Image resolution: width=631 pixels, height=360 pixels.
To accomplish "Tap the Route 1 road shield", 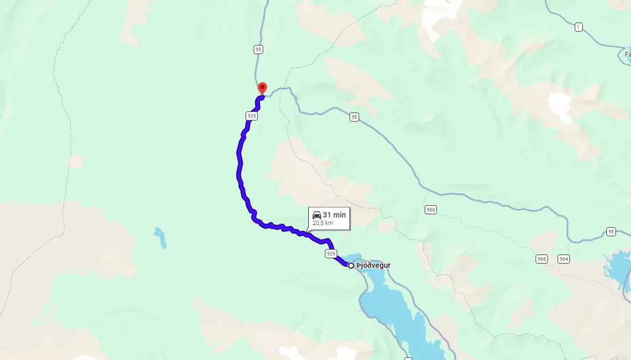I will [578, 27].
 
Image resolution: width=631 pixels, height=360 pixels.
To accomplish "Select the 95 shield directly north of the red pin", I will [258, 49].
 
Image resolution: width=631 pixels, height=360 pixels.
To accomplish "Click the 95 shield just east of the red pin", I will [354, 117].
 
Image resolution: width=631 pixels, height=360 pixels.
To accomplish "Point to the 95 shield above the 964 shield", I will [611, 231].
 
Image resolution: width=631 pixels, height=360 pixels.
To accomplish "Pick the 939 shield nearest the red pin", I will [251, 116].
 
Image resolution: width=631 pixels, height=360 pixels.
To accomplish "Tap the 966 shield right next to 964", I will [541, 259].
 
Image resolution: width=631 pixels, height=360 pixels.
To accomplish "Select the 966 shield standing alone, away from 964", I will [430, 209].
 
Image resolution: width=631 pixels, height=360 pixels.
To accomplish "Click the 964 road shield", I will [563, 259].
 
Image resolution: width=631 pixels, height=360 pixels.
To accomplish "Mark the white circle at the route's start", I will [351, 266].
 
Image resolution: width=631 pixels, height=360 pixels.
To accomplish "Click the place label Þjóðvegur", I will [374, 266].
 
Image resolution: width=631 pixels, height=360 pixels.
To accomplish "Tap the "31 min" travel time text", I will [334, 215].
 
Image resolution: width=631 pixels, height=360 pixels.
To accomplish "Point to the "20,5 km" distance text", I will [323, 223].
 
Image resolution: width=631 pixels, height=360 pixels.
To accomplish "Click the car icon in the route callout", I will [317, 215].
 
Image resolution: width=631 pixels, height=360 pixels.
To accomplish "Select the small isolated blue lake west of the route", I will [160, 238].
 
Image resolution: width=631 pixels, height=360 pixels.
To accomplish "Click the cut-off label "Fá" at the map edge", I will [627, 54].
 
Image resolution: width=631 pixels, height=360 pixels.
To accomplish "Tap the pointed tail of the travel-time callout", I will [307, 232].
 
